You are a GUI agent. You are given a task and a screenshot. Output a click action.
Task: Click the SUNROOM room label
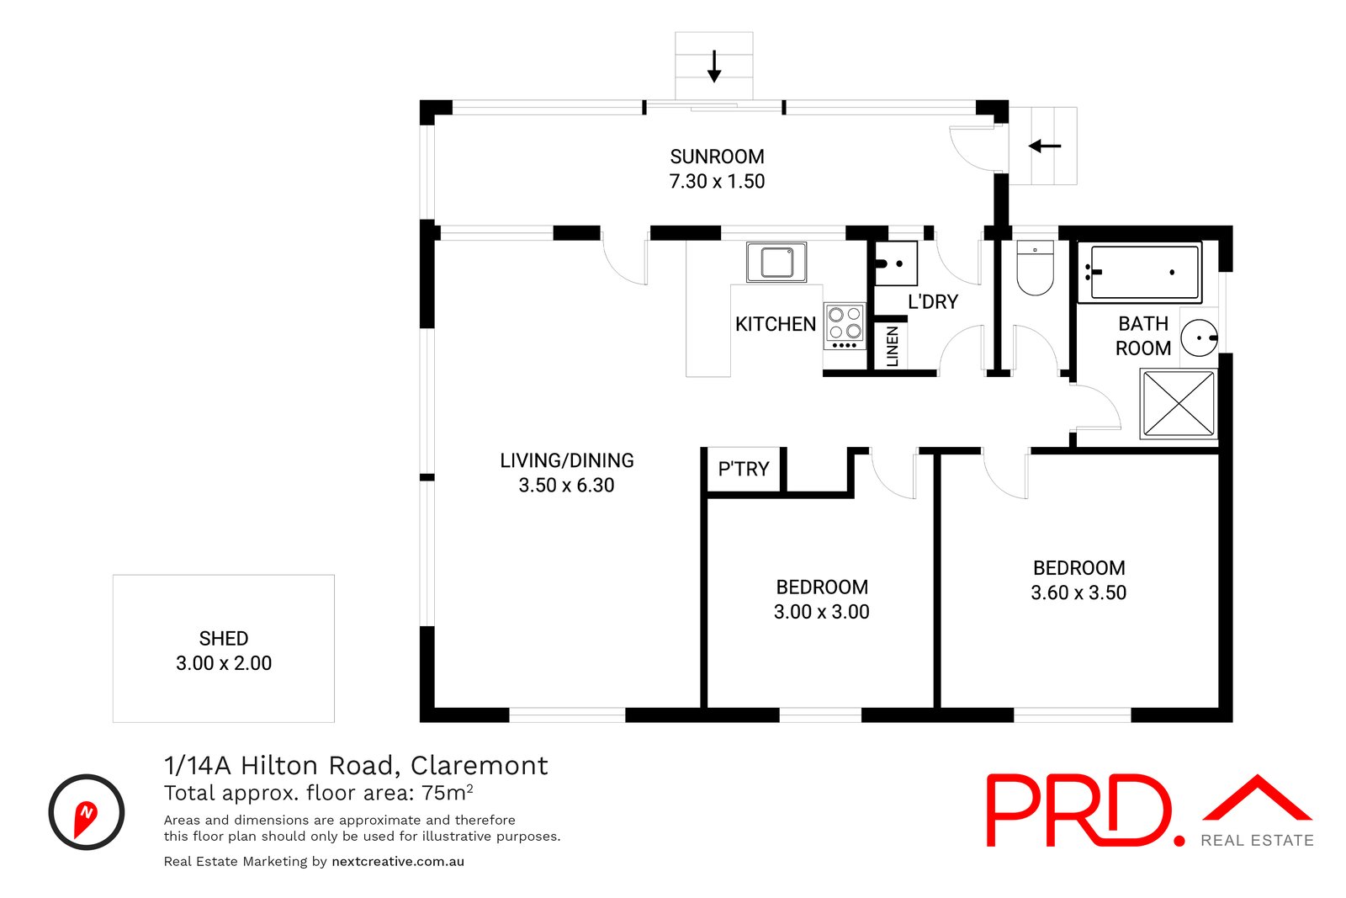(717, 157)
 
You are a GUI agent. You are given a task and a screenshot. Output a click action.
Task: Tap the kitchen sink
(776, 262)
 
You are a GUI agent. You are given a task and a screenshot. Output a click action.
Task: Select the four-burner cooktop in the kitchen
(845, 326)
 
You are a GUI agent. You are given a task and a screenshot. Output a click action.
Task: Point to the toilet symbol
(1035, 269)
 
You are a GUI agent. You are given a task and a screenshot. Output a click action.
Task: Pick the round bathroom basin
(1198, 338)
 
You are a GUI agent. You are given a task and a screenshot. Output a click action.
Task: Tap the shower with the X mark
(1178, 404)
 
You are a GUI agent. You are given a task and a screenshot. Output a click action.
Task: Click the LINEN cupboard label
(893, 346)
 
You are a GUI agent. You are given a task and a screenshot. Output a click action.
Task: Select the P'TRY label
(744, 469)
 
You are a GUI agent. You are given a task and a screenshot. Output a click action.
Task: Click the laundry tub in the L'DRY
(896, 263)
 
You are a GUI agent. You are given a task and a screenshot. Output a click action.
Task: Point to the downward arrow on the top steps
(714, 66)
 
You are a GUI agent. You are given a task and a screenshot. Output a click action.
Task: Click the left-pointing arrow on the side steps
(1044, 146)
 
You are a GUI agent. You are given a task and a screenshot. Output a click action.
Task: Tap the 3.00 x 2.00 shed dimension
(224, 663)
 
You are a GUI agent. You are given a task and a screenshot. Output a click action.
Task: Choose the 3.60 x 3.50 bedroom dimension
(1078, 592)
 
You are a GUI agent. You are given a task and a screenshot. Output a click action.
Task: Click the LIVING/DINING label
(567, 460)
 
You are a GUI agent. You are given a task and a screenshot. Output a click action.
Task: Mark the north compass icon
(87, 812)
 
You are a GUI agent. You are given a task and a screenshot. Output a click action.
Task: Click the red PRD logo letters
(1081, 810)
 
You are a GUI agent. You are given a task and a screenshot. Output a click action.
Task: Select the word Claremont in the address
(479, 765)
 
